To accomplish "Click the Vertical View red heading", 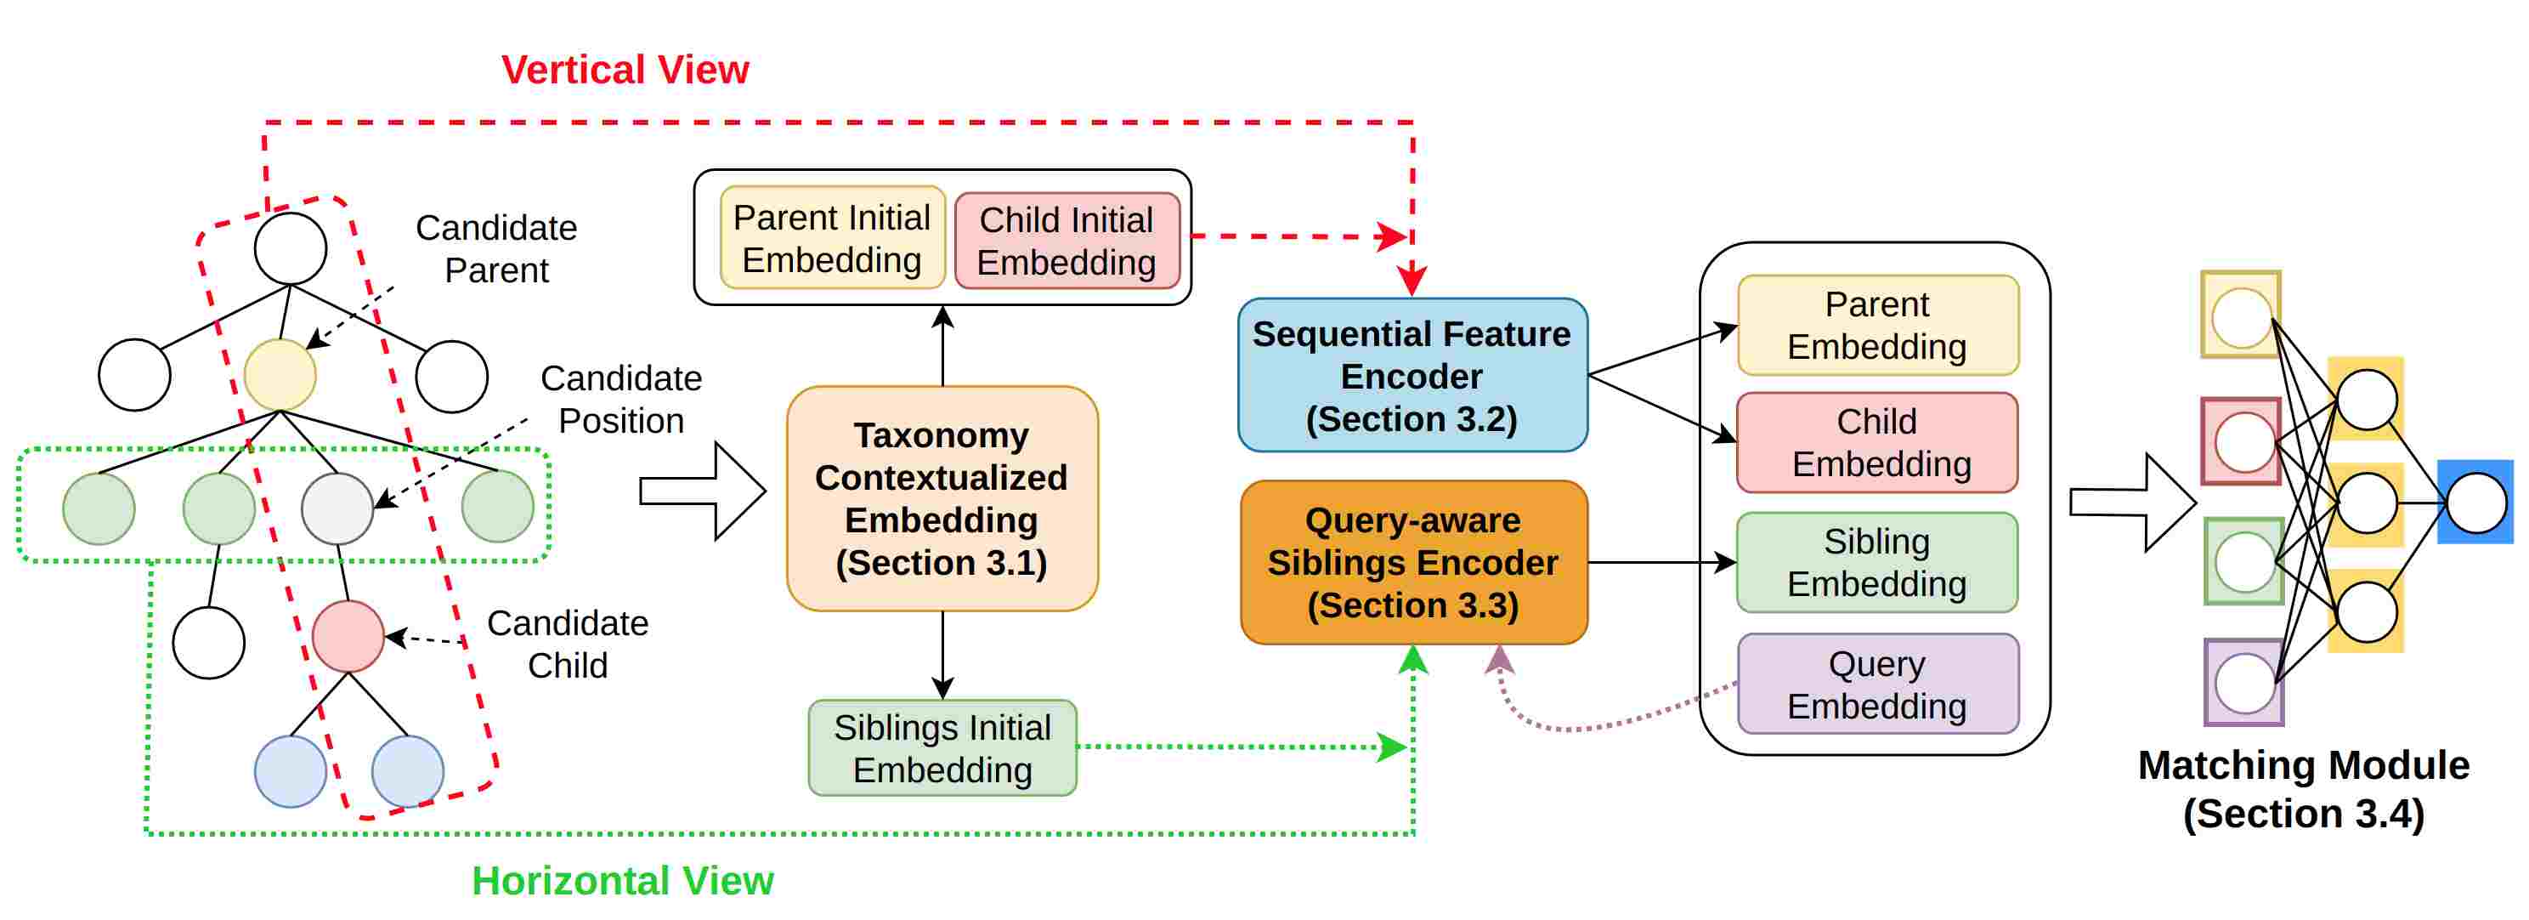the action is click(x=625, y=70).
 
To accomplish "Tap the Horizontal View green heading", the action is click(x=622, y=881).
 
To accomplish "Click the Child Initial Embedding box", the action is click(x=1067, y=241).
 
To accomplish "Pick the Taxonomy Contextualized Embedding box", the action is click(x=942, y=499).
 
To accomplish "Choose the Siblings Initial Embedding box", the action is click(x=942, y=748).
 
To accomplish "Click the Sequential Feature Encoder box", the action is click(x=1412, y=375).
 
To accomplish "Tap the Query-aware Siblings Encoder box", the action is click(x=1414, y=563).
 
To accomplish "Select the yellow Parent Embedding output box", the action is click(x=1878, y=325).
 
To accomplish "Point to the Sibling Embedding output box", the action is click(x=1877, y=563).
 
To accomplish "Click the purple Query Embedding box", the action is click(x=1878, y=684).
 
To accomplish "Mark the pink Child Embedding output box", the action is click(x=1877, y=443).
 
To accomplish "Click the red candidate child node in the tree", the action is click(x=348, y=636).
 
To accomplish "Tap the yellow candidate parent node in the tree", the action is click(x=280, y=375).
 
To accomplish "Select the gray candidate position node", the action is click(x=337, y=508).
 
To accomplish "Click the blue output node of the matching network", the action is click(x=2476, y=503).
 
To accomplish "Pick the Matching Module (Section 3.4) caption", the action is click(x=2303, y=789).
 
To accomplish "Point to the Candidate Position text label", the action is click(x=621, y=400).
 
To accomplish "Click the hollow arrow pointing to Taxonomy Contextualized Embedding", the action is click(x=702, y=491).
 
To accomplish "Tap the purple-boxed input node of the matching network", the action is click(x=2244, y=683).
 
